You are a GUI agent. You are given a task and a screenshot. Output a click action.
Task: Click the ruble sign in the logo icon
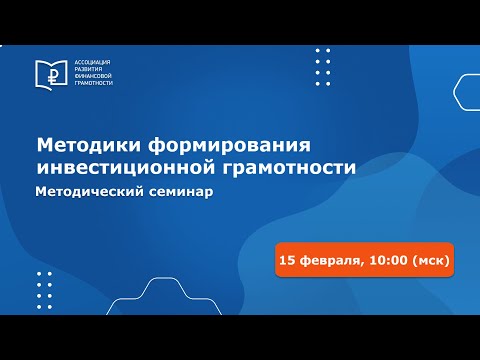[49, 73]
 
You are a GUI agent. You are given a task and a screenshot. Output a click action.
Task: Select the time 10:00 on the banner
[387, 260]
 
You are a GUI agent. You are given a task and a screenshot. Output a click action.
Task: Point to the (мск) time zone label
[430, 260]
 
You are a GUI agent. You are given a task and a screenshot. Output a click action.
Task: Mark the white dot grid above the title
[323, 67]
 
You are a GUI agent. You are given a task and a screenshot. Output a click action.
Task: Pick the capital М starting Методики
[45, 145]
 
